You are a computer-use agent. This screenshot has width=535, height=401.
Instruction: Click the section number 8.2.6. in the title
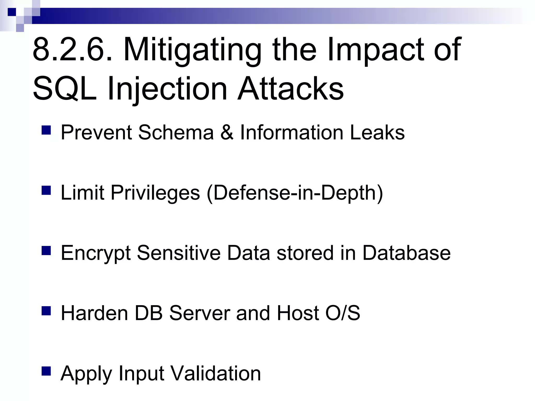pyautogui.click(x=73, y=50)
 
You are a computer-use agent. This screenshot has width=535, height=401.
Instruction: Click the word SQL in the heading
pyautogui.click(x=65, y=89)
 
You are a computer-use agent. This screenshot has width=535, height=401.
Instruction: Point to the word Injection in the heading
pyautogui.click(x=167, y=89)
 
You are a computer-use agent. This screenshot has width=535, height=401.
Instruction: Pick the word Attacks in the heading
pyautogui.click(x=290, y=89)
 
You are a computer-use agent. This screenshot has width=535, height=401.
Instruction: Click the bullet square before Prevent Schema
pyautogui.click(x=46, y=130)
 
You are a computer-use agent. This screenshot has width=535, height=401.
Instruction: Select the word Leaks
pyautogui.click(x=377, y=133)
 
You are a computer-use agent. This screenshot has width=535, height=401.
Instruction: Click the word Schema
pyautogui.click(x=176, y=133)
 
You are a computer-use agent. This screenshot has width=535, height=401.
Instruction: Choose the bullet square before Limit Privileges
pyautogui.click(x=46, y=190)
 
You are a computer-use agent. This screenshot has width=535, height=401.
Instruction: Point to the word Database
pyautogui.click(x=406, y=253)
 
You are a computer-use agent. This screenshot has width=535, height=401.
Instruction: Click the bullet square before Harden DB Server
pyautogui.click(x=46, y=311)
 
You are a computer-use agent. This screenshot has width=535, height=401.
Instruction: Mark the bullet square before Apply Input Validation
pyautogui.click(x=46, y=371)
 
